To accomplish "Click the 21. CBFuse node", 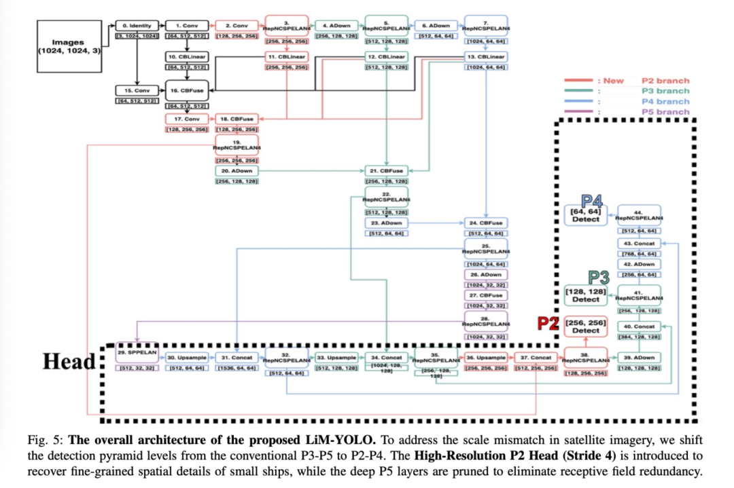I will pos(386,171).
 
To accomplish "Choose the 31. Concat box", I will pos(237,357).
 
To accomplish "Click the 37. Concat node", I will pos(536,357).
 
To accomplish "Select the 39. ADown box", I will pos(639,357).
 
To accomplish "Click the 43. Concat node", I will pos(639,243).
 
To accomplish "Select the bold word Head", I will pos(69,360).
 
